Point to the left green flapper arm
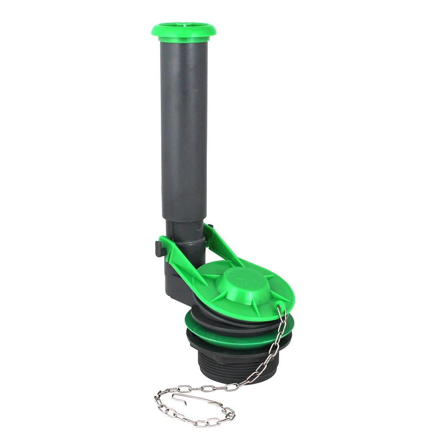(181, 263)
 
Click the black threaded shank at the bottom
(223, 363)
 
